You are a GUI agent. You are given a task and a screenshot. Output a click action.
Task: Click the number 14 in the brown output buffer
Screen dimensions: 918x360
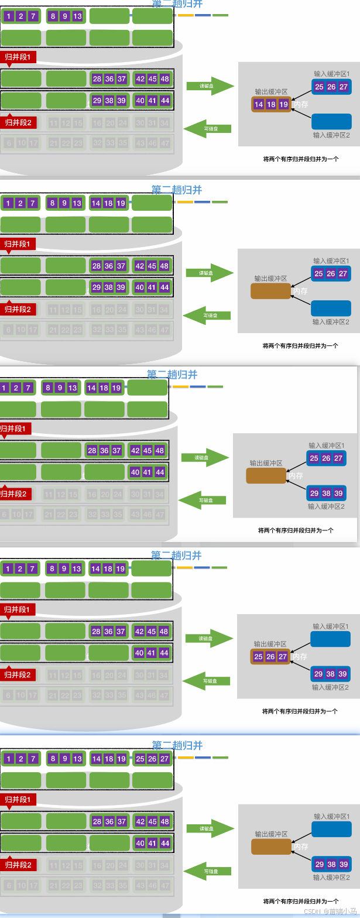(259, 105)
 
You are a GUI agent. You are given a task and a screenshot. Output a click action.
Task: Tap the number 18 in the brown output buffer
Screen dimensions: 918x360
(271, 105)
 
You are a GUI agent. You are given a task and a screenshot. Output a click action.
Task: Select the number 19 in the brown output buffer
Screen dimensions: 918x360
(283, 105)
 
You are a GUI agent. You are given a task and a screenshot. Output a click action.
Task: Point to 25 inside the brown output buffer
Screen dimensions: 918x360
(258, 657)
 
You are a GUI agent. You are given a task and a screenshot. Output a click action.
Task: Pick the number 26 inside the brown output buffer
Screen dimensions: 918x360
(270, 657)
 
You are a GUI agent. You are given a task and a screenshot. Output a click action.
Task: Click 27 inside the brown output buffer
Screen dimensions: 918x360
(283, 657)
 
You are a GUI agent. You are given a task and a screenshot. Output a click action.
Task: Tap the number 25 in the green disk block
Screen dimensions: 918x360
(140, 759)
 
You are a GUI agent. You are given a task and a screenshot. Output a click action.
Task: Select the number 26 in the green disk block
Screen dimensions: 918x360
(152, 759)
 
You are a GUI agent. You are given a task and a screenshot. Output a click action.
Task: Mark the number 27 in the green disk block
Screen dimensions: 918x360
(164, 759)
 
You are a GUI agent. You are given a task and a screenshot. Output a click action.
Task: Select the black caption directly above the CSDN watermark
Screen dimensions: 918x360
(301, 901)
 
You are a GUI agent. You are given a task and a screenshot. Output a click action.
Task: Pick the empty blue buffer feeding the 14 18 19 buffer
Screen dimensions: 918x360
(331, 121)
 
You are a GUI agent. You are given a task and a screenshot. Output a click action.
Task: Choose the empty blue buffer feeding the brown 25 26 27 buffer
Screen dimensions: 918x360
(330, 639)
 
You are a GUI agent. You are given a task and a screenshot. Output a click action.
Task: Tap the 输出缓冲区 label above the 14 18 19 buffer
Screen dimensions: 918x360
(271, 92)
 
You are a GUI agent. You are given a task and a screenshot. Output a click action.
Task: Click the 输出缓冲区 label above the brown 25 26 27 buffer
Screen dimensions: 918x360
(270, 644)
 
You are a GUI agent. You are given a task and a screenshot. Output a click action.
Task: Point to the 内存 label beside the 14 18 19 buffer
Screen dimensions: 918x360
(301, 105)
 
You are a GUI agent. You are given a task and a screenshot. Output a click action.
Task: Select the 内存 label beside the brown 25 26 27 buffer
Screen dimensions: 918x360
(300, 657)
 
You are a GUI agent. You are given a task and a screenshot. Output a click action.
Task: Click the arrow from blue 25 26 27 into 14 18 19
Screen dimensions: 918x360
(301, 95)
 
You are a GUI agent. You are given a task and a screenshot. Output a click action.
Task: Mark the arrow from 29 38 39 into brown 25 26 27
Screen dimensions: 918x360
(301, 666)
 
